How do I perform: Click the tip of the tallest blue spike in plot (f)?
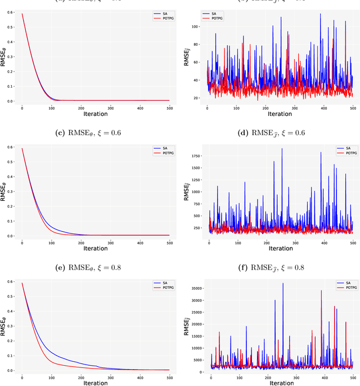pyautogui.click(x=283, y=283)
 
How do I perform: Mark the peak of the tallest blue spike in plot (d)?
pyautogui.click(x=282, y=149)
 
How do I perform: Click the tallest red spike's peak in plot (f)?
pyautogui.click(x=321, y=291)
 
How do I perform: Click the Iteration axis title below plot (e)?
pyautogui.click(x=96, y=383)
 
